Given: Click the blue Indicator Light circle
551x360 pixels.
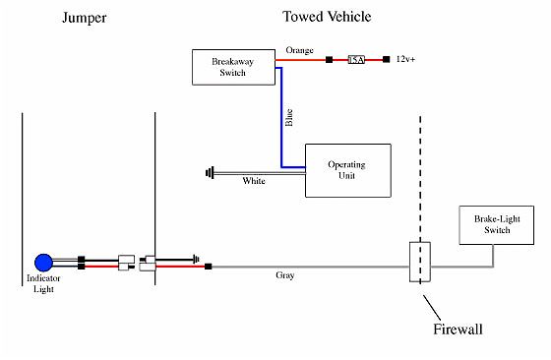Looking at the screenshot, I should coord(44,263).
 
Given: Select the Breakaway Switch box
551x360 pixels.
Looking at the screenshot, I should coord(233,67).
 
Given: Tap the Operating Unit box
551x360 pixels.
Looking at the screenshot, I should coord(347,169).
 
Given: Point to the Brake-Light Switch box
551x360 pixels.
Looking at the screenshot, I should coord(491,224).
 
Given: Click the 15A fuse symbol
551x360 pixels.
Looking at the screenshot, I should coord(357,60).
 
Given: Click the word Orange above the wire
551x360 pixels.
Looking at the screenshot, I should coord(299,49).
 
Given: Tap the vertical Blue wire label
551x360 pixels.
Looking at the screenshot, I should coord(289,118).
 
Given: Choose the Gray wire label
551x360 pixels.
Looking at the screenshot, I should coord(284,275).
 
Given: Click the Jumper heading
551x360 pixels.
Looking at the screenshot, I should coord(84,18).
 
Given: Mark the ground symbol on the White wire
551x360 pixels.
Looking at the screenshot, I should coord(211,173).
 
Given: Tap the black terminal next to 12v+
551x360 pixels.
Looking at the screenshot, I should coord(387,60).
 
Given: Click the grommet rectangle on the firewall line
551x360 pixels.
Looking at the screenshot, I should coord(419,263).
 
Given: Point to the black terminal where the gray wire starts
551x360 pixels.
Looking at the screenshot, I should coord(208,267).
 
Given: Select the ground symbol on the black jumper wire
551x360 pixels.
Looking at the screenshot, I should coord(199,260).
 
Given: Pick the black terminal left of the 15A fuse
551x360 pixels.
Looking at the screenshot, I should coord(328,60).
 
